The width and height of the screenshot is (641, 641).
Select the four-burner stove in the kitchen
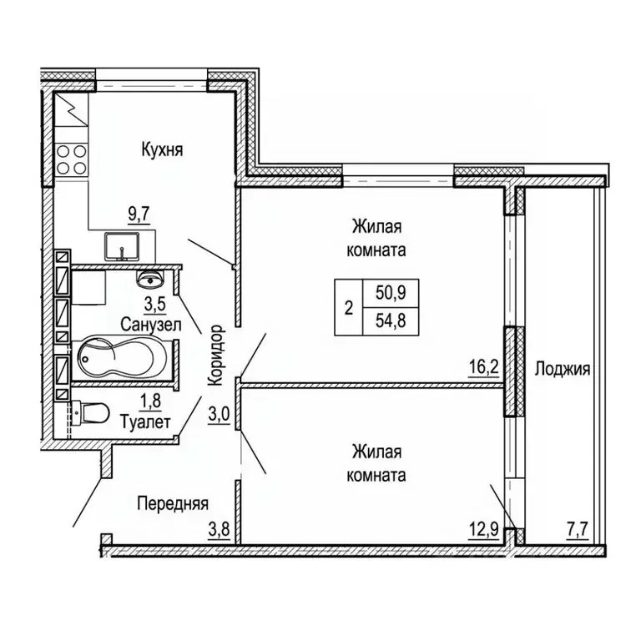click(72, 159)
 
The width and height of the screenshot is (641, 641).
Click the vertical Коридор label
click(215, 354)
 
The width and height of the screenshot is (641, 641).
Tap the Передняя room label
click(173, 503)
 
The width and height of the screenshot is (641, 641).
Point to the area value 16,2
click(485, 364)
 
